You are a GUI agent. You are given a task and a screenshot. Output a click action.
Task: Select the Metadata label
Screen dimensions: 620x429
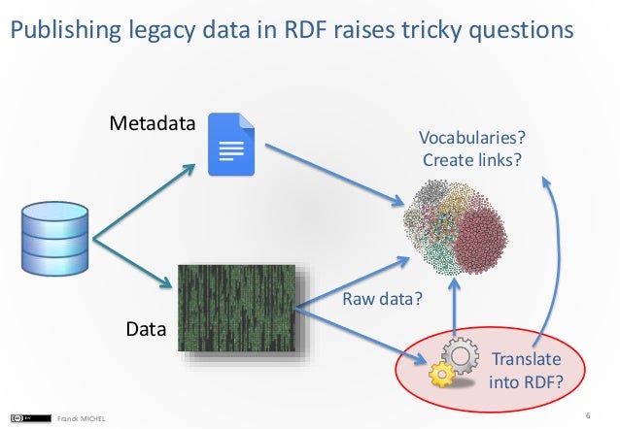tap(152, 124)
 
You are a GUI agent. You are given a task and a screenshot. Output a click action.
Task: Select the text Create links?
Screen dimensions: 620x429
tap(465, 158)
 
